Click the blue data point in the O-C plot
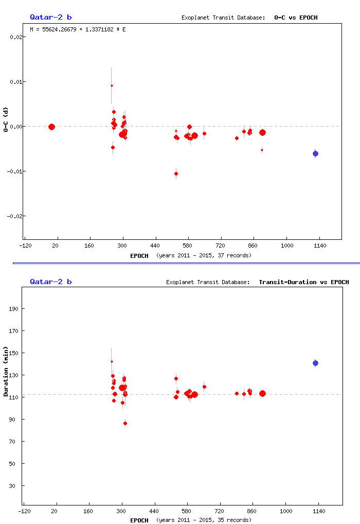pyautogui.click(x=315, y=153)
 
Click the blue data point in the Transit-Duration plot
pyautogui.click(x=315, y=363)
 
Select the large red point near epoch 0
pyautogui.click(x=51, y=127)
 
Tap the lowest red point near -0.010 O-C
pyautogui.click(x=176, y=173)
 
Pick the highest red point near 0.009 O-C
pyautogui.click(x=112, y=85)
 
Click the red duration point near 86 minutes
pyautogui.click(x=125, y=423)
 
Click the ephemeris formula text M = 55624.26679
pyautogui.click(x=78, y=29)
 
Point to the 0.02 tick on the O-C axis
pyautogui.click(x=15, y=37)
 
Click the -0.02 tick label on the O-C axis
pyautogui.click(x=14, y=216)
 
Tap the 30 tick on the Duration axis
pyautogui.click(x=15, y=486)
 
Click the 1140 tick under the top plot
pyautogui.click(x=319, y=246)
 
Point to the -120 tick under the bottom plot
pyautogui.click(x=23, y=511)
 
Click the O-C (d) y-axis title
pyautogui.click(x=6, y=120)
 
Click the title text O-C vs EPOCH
pyautogui.click(x=296, y=18)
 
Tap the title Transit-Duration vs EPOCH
pyautogui.click(x=303, y=282)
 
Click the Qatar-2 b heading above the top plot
pyautogui.click(x=50, y=18)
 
